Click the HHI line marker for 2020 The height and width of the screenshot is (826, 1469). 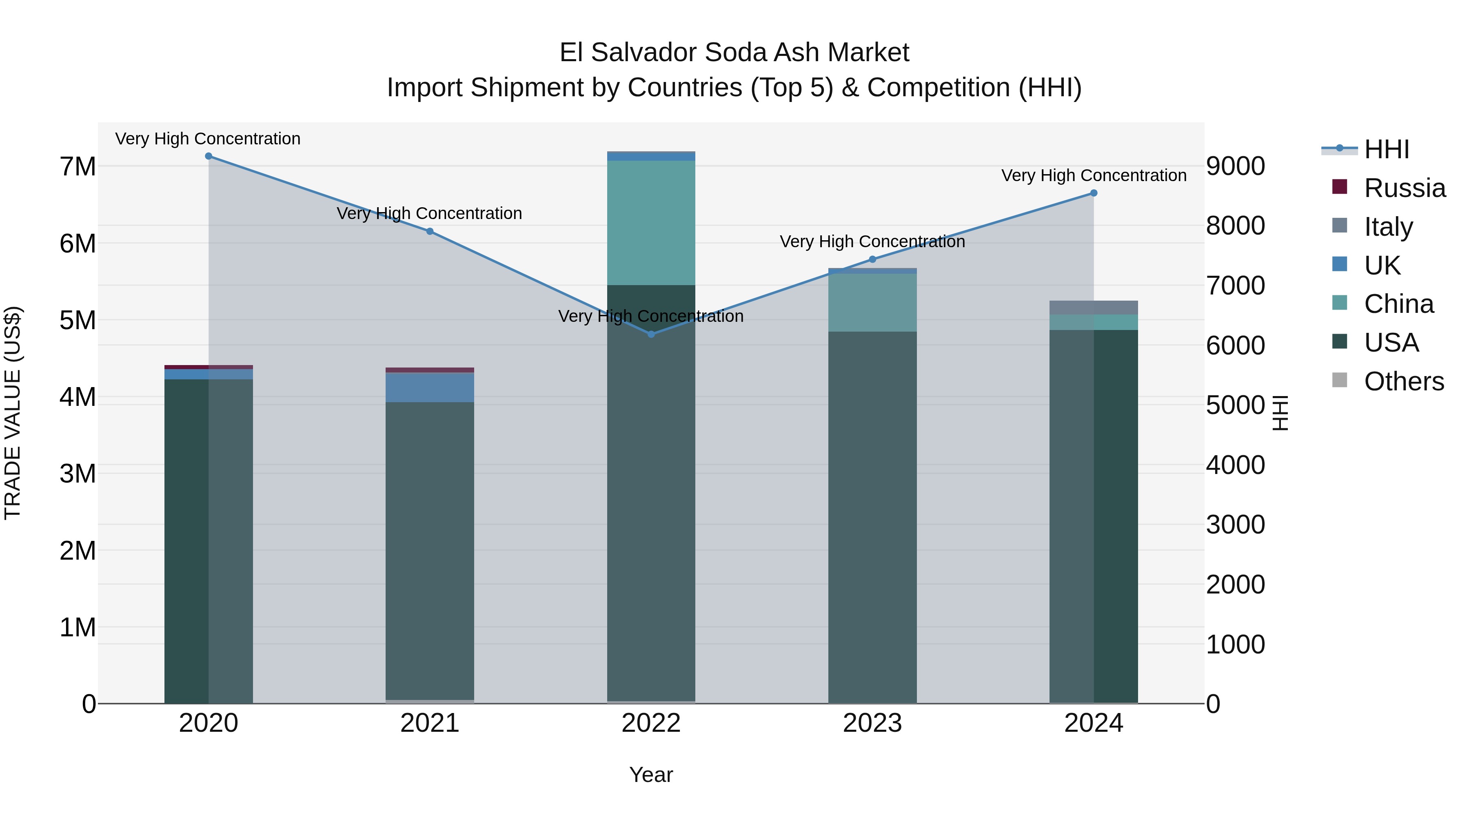209,156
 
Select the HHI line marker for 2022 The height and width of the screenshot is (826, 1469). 651,334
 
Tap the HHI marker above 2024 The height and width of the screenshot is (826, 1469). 1094,193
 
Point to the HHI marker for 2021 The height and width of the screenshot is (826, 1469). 430,231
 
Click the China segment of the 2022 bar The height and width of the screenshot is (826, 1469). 651,222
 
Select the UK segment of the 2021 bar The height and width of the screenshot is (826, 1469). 430,388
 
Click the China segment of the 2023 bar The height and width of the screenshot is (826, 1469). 872,303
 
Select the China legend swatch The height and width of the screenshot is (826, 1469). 1340,303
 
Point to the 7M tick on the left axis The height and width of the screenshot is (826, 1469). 78,167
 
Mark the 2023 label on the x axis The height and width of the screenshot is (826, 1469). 872,723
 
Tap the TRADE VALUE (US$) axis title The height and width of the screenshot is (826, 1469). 13,413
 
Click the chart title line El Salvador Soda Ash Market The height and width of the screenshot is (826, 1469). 734,53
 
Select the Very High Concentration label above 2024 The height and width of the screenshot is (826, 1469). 1094,175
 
